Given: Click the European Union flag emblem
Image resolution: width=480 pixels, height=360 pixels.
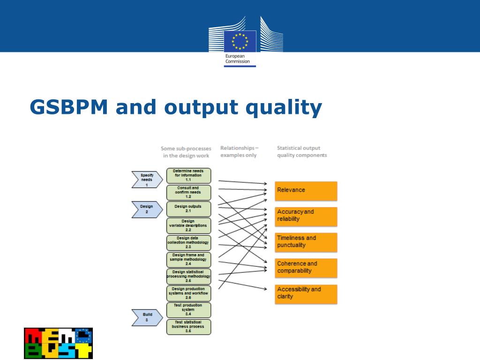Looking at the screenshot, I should point(240,41).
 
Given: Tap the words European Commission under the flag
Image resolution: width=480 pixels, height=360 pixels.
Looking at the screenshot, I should point(238,59).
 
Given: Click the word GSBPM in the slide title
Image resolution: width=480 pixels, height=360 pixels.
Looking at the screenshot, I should point(69,107).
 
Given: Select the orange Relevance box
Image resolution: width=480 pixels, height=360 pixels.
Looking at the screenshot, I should point(306,190).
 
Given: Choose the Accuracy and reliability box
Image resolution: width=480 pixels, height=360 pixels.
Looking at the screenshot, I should point(306,216).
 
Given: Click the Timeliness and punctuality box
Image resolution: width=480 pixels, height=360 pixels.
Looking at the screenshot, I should point(306,241).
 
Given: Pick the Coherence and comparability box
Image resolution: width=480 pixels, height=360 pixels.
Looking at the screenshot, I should point(306,267).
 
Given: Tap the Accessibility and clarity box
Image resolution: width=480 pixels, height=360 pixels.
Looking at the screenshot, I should point(306,293).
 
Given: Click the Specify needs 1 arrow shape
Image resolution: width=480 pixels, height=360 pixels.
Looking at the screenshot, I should point(147,179).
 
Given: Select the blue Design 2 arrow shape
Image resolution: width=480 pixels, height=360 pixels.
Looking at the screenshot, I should point(147,209).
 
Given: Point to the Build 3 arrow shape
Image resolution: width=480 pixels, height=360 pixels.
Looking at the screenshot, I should point(147,317).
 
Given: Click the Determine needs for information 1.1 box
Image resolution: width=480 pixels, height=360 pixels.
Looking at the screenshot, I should point(188,175).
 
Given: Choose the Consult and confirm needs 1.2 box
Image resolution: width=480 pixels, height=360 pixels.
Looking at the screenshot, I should point(188,192).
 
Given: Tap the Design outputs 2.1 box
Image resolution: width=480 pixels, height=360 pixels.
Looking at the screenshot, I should point(188,209).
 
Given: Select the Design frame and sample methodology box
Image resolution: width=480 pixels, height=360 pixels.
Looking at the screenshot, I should point(188,260).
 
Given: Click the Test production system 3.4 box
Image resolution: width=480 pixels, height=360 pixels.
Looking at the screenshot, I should point(188,310).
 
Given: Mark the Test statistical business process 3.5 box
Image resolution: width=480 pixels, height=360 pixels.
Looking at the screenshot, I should point(188,327).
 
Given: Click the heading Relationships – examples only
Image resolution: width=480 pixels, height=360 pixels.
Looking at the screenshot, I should point(239,151).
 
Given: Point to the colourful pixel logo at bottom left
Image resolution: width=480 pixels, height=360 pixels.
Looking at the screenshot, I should point(58,343).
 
